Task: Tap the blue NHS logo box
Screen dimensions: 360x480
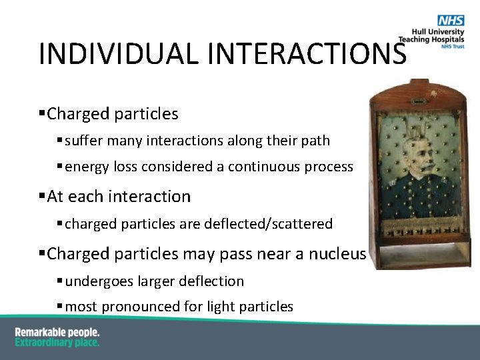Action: point(451,21)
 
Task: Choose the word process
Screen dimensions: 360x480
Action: point(330,167)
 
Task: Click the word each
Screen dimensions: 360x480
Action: point(87,197)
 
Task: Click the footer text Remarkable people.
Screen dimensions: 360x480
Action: point(57,332)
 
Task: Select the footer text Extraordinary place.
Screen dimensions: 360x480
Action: point(57,342)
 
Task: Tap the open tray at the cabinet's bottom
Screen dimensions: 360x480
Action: point(420,251)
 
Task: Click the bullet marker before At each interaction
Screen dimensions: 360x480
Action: point(42,197)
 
